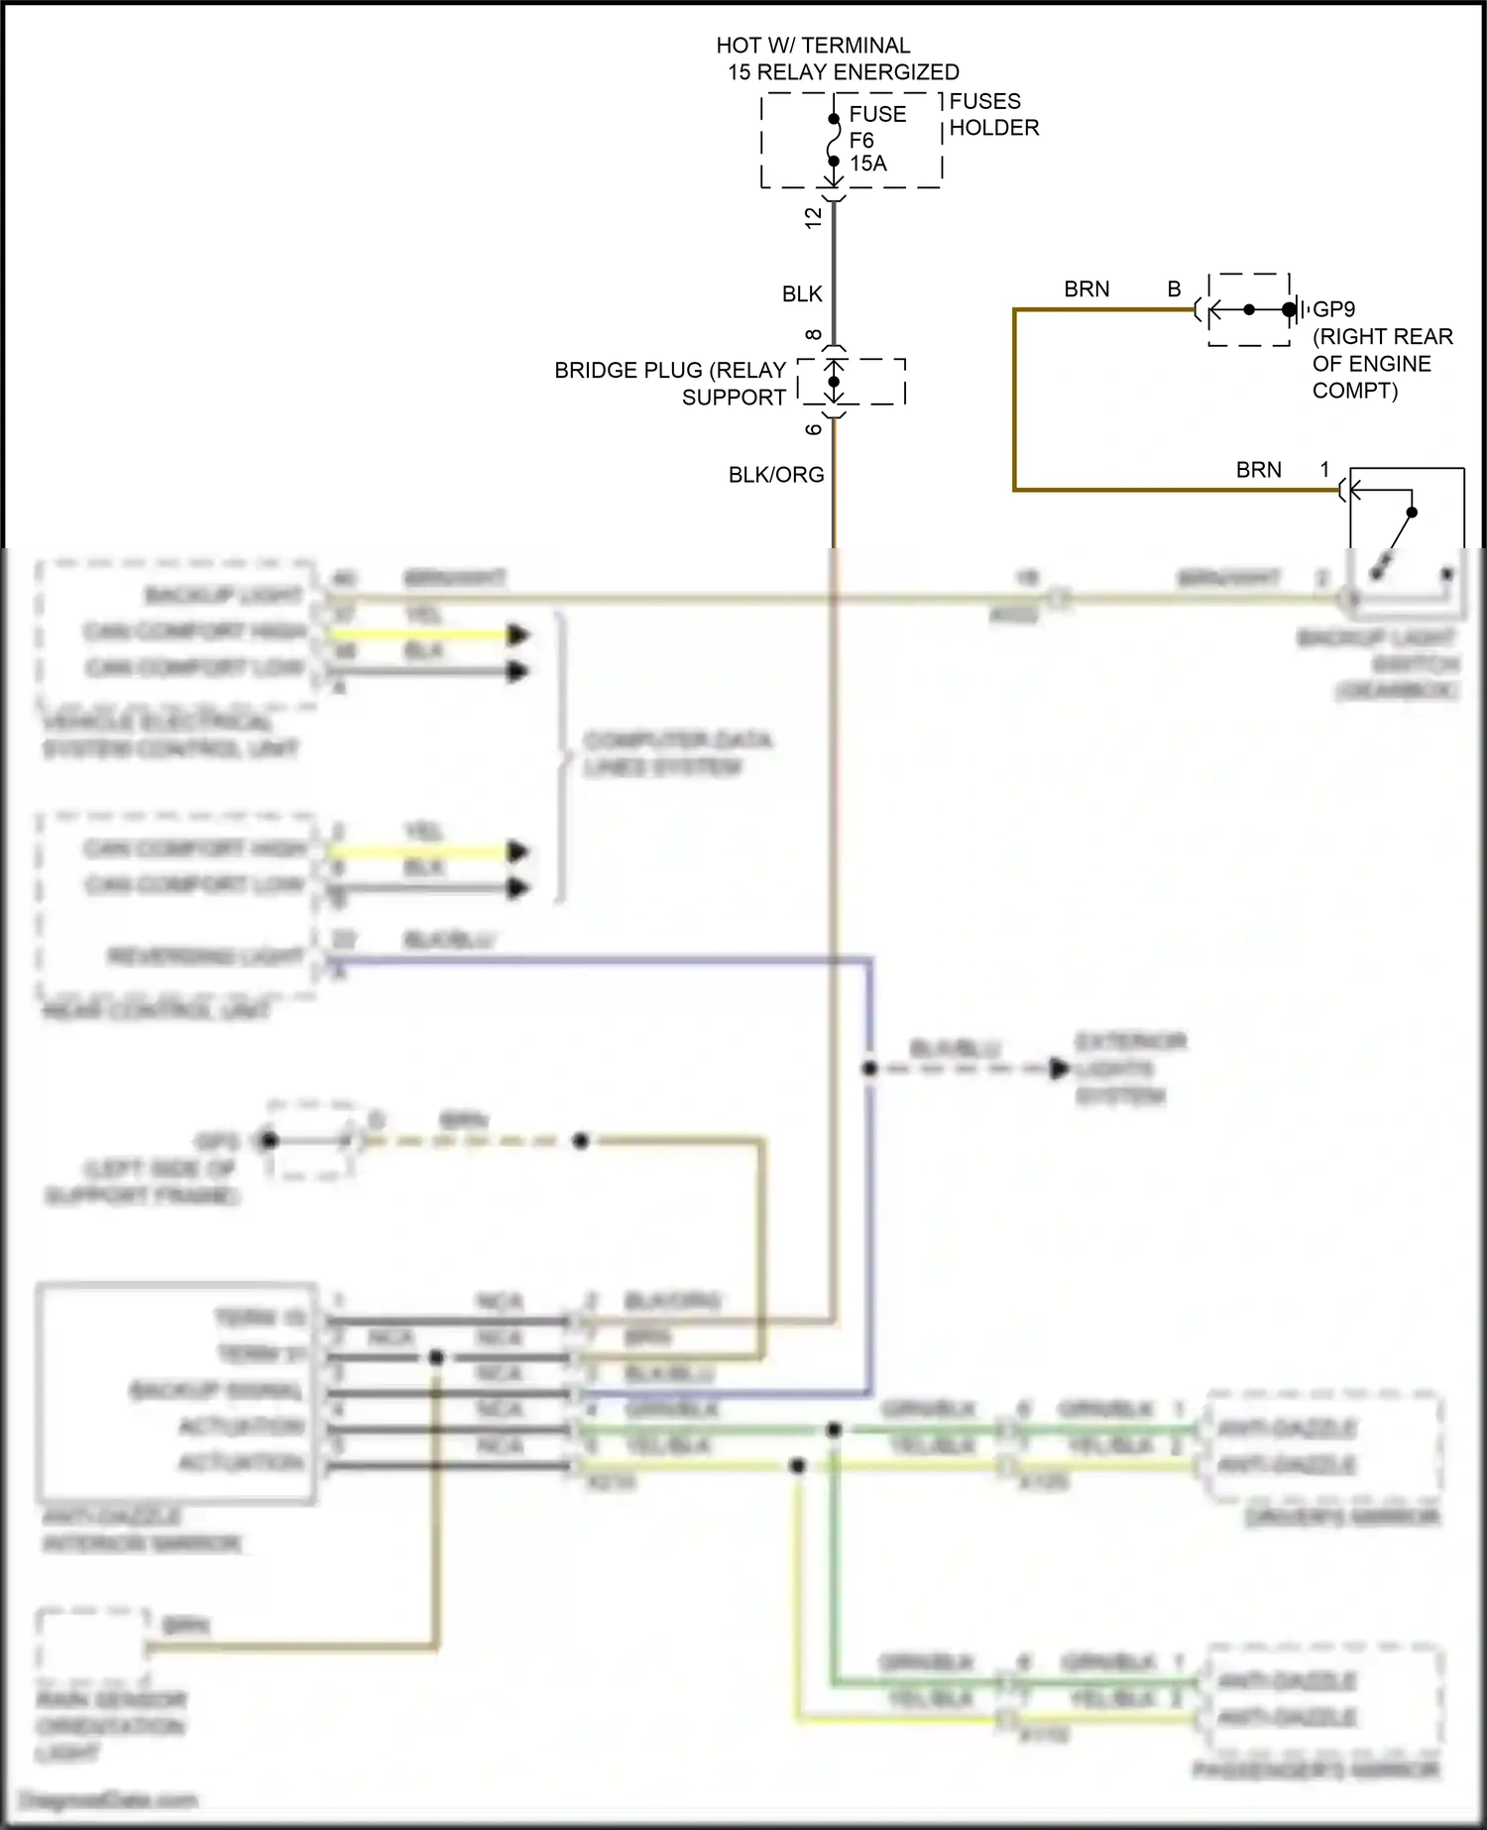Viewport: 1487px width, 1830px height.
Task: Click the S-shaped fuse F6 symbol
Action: (834, 140)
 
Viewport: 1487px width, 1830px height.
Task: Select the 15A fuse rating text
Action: (868, 164)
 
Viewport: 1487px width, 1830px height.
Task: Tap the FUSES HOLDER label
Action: (993, 114)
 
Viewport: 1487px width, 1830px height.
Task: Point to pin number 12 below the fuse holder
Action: (814, 217)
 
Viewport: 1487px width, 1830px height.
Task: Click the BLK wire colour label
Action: (802, 294)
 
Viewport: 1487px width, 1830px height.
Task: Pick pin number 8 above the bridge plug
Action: (814, 335)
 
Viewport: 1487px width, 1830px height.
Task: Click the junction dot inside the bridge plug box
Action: (834, 382)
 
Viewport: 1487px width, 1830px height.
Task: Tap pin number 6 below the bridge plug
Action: (814, 429)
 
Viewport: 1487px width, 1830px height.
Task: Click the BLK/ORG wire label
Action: (776, 475)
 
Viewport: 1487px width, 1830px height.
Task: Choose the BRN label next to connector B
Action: (1087, 289)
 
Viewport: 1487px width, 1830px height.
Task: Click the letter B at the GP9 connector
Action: (1174, 289)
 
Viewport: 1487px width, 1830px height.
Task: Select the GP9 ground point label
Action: (1333, 309)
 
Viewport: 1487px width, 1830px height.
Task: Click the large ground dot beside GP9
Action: (1288, 310)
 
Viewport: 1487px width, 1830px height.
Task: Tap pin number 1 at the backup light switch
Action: (1324, 469)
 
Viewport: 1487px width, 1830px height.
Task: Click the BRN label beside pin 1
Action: (1258, 470)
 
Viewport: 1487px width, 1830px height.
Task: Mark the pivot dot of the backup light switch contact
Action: (1412, 513)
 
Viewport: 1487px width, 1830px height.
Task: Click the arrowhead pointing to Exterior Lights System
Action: (1059, 1069)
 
